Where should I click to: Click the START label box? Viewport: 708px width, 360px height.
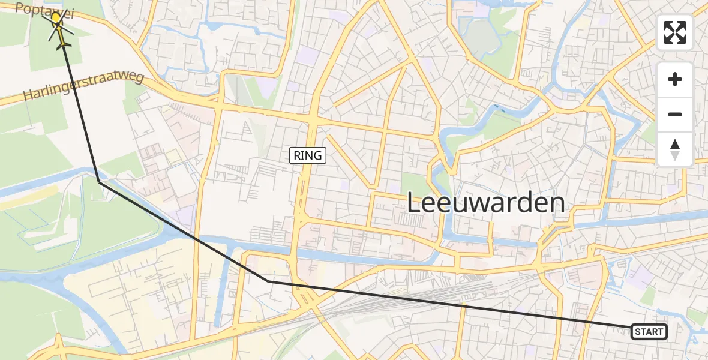649,332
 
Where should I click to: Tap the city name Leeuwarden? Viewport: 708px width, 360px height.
486,203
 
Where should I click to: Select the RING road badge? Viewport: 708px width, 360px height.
308,156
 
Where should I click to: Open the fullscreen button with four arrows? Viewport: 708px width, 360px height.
675,32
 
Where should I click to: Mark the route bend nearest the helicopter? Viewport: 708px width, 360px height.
99,182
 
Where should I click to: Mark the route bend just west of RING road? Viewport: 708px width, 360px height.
269,281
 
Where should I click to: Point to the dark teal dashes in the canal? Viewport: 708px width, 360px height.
499,110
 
